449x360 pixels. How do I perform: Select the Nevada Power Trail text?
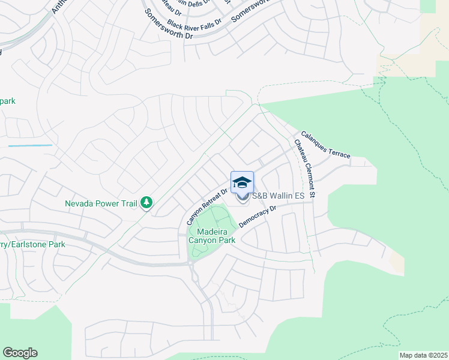(x=101, y=203)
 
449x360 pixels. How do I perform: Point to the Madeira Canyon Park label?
(x=212, y=236)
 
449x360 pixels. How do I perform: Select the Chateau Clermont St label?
(x=304, y=169)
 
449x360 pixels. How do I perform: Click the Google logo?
(x=20, y=352)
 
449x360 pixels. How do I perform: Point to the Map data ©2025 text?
(x=423, y=355)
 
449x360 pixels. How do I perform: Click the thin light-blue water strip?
(x=30, y=145)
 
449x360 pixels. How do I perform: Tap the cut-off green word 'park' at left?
(x=7, y=101)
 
